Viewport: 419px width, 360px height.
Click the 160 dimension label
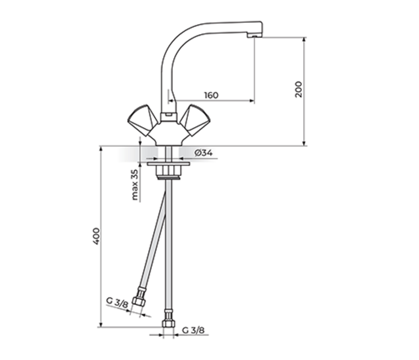pos(211,95)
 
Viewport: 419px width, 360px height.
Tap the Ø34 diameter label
pos(203,153)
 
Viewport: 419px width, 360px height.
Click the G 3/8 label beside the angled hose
pos(117,302)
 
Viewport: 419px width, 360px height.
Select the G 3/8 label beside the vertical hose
pos(193,330)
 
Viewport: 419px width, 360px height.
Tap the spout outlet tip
pos(255,35)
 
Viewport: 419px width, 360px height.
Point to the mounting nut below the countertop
pos(168,173)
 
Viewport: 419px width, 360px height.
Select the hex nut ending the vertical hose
pos(169,320)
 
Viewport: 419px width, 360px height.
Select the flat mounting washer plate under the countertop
pos(168,163)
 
